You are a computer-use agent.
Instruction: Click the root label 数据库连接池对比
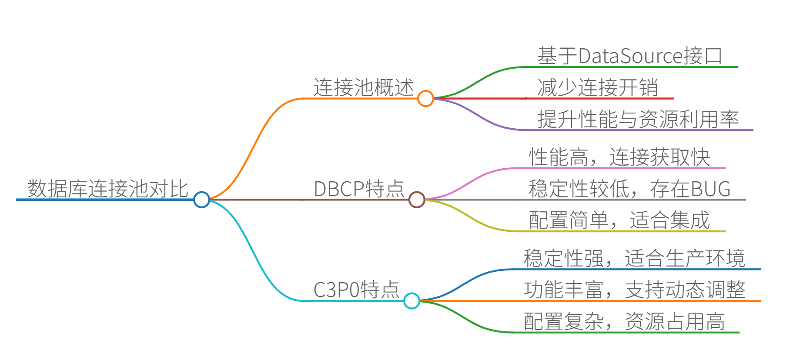108,189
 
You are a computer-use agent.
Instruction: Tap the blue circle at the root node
201,200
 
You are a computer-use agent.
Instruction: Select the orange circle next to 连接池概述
425,98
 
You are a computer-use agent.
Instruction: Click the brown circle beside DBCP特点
417,200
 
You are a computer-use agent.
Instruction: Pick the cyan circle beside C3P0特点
412,300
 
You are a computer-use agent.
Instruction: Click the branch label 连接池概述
364,87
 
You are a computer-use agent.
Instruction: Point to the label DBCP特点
359,189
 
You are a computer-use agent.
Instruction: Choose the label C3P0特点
356,290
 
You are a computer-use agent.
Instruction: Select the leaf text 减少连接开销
598,87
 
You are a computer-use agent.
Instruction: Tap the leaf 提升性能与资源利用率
638,119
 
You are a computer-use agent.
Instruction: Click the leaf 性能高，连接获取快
619,157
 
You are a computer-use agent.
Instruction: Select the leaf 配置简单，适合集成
619,220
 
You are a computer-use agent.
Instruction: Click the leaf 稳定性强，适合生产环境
634,258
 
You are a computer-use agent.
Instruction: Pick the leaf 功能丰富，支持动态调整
634,290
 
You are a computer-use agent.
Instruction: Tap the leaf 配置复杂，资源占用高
624,321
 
